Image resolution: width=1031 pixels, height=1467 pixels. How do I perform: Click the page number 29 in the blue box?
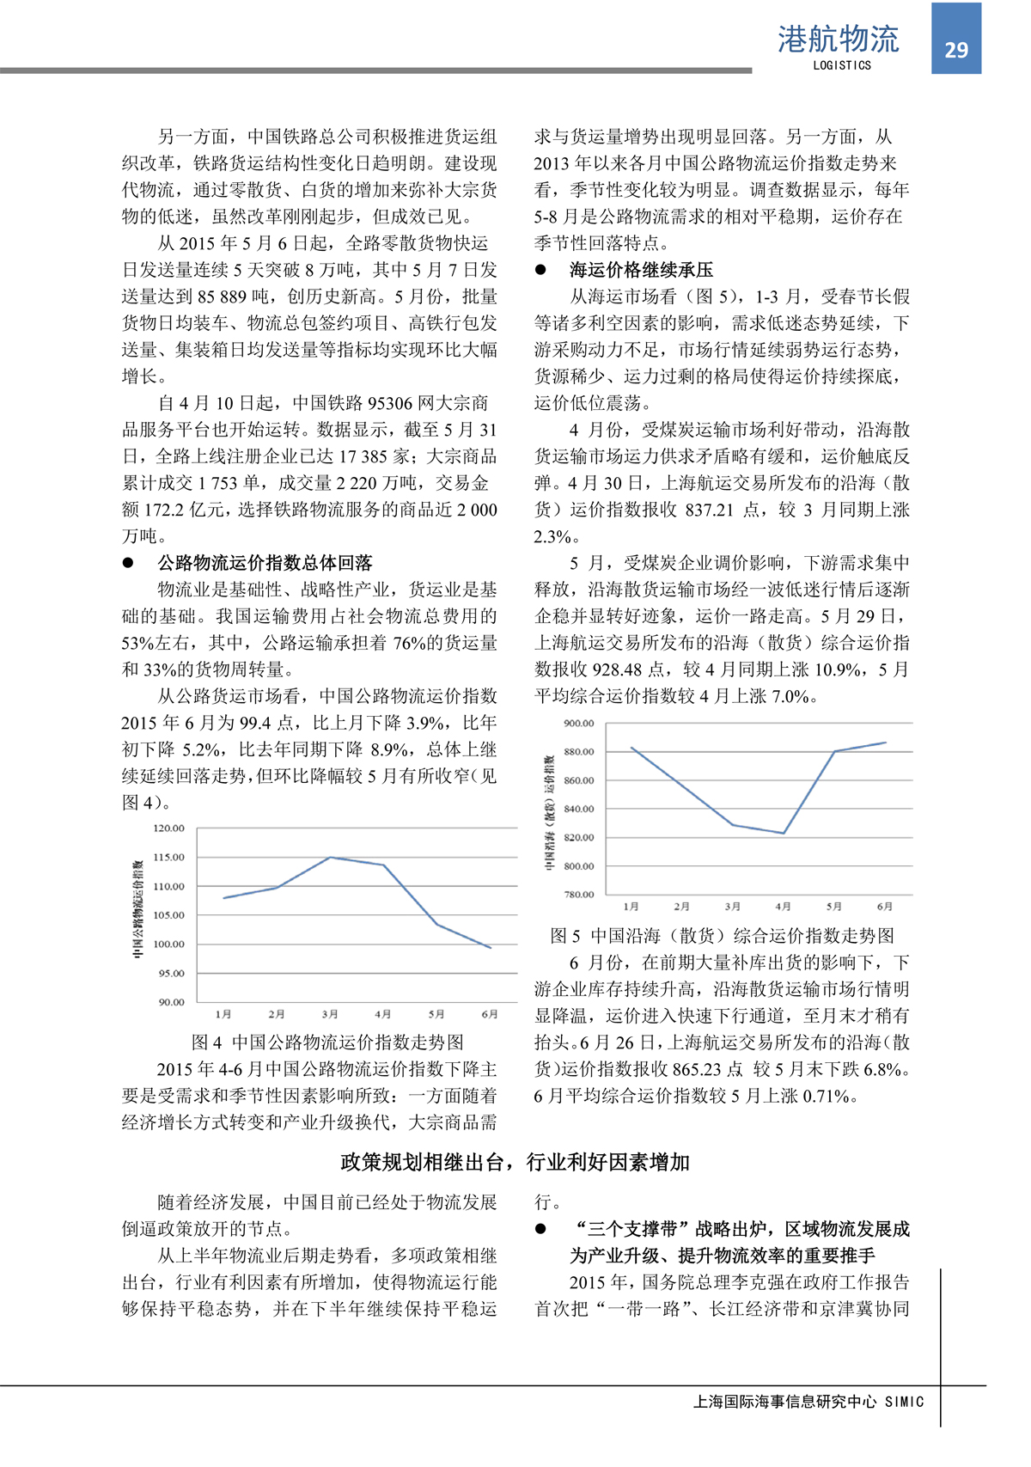tap(956, 50)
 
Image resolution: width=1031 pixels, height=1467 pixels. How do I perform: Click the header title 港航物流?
tap(838, 39)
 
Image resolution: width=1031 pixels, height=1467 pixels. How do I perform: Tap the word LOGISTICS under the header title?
tap(841, 65)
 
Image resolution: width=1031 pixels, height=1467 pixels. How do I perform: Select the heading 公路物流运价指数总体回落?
tap(265, 563)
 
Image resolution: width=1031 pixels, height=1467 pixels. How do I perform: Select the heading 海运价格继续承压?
tap(641, 270)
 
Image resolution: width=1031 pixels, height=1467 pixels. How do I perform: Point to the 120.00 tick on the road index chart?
tap(169, 828)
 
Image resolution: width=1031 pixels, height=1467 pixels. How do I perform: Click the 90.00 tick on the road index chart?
tap(171, 1002)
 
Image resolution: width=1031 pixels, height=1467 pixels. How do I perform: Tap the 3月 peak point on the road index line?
tap(330, 858)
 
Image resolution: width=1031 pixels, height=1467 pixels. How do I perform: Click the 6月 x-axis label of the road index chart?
tap(490, 1014)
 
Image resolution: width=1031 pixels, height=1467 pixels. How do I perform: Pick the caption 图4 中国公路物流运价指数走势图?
tap(327, 1042)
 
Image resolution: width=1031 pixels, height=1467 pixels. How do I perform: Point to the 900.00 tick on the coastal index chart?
tap(578, 724)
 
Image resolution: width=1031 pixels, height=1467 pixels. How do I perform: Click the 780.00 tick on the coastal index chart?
tap(578, 895)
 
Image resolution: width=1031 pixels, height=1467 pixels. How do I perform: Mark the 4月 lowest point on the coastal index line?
tap(784, 833)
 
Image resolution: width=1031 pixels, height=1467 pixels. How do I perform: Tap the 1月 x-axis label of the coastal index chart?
tap(631, 907)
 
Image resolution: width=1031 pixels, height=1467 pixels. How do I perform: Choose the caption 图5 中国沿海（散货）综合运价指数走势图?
tap(722, 936)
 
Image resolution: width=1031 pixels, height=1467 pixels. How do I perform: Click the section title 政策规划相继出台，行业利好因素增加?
tap(515, 1163)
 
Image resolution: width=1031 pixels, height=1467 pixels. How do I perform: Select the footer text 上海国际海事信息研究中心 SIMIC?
tap(808, 1402)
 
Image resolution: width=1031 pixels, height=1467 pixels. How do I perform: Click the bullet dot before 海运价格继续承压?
tap(540, 270)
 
